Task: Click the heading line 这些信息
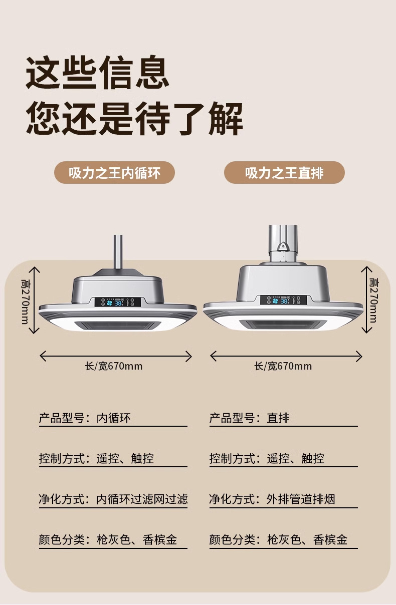click(97, 74)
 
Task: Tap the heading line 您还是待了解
click(134, 119)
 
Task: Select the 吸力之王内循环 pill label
click(114, 173)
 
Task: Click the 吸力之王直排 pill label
click(284, 173)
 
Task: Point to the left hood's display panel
click(118, 302)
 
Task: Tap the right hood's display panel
click(283, 300)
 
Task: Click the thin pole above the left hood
click(118, 250)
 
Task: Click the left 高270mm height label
click(24, 300)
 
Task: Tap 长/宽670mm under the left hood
click(114, 366)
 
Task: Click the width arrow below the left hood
click(116, 356)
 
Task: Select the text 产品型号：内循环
click(85, 418)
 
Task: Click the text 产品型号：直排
click(249, 418)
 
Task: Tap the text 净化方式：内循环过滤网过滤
click(113, 499)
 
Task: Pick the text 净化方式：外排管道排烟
click(272, 499)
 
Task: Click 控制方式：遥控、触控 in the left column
click(96, 458)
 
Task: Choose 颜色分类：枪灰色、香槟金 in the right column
click(278, 540)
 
